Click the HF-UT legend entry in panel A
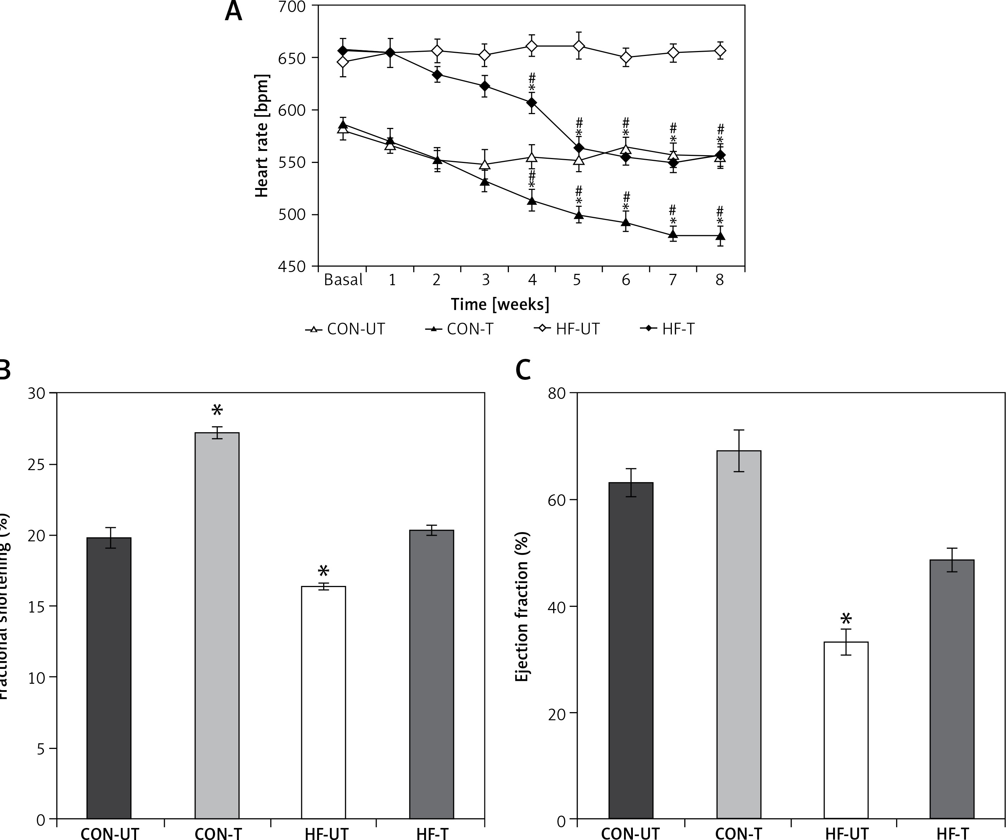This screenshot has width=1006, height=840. [x=568, y=329]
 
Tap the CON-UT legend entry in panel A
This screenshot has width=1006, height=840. [x=345, y=329]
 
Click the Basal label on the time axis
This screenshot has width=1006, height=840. [x=343, y=280]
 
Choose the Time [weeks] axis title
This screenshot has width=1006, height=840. [x=500, y=304]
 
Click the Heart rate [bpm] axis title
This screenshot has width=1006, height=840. [x=262, y=136]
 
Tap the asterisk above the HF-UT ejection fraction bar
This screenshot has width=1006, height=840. [x=846, y=619]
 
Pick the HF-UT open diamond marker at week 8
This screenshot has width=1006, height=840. [x=720, y=51]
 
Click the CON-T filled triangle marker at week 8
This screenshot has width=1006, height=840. [x=720, y=235]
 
